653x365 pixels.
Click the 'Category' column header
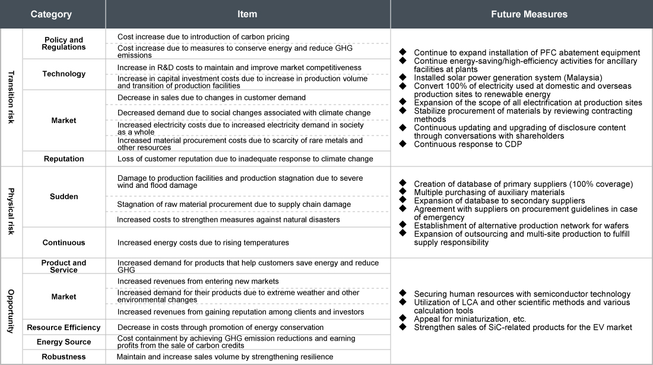click(x=51, y=14)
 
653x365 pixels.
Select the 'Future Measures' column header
click(x=521, y=14)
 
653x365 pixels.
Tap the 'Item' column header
click(x=248, y=14)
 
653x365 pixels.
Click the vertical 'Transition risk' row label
click(x=10, y=97)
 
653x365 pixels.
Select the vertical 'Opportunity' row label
click(x=10, y=311)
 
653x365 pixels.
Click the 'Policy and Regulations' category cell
click(x=64, y=43)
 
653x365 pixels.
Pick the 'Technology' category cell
click(x=64, y=74)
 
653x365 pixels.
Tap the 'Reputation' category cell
click(x=64, y=159)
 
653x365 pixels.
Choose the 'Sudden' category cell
click(x=64, y=196)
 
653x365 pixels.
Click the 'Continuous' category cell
click(x=64, y=243)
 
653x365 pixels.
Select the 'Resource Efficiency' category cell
click(x=64, y=328)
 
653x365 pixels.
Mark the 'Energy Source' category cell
click(x=64, y=342)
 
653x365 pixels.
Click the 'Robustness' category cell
click(x=64, y=357)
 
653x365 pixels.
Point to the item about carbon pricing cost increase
click(x=204, y=37)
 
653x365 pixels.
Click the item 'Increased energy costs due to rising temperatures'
click(x=203, y=243)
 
